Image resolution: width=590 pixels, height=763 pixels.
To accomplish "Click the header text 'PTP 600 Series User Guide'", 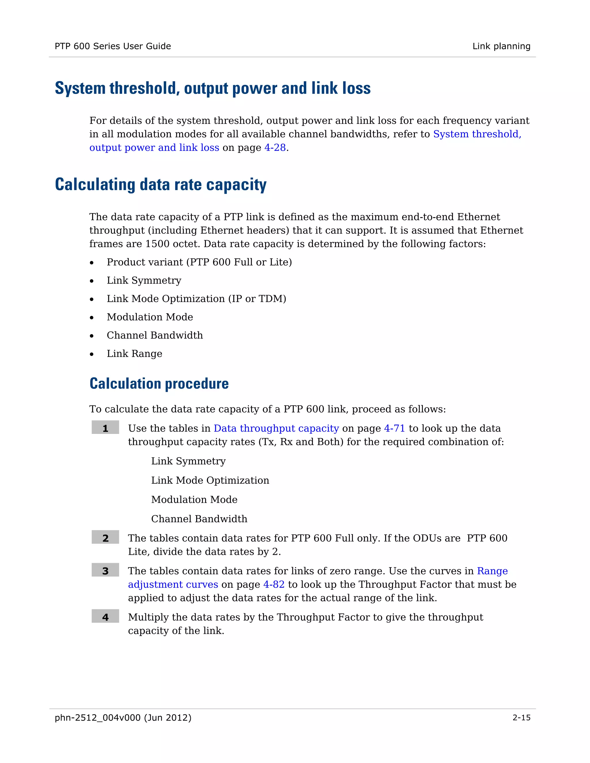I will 113,46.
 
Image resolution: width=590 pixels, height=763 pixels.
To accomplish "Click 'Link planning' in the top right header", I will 501,46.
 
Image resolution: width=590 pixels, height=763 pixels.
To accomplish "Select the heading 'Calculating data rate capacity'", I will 160,185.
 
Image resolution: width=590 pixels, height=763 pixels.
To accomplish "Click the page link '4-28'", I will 275,148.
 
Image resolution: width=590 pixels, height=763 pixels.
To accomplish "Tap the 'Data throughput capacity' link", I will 276,428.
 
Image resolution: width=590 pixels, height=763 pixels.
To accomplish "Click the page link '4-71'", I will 394,428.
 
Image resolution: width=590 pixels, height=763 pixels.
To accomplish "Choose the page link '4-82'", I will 274,584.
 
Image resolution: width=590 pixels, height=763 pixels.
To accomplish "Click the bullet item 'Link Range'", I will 135,354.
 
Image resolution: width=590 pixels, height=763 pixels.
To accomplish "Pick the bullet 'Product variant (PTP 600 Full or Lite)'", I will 199,262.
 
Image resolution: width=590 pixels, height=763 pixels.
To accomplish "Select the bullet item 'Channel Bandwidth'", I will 155,335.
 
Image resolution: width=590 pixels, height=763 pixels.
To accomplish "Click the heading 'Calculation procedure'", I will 159,384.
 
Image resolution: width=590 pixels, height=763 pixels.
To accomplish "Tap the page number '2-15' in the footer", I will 521,718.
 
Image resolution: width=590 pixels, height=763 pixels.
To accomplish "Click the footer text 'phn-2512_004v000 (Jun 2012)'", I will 123,718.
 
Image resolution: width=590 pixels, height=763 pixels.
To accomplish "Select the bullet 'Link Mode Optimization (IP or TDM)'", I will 196,299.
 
